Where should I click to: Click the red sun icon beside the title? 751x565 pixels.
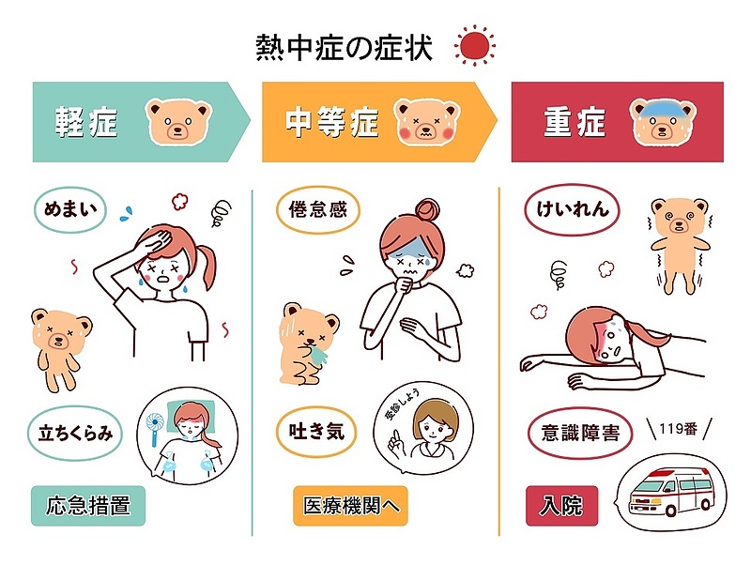point(474,46)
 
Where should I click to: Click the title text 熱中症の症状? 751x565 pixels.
point(344,47)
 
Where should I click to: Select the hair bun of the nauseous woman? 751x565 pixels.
point(427,208)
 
